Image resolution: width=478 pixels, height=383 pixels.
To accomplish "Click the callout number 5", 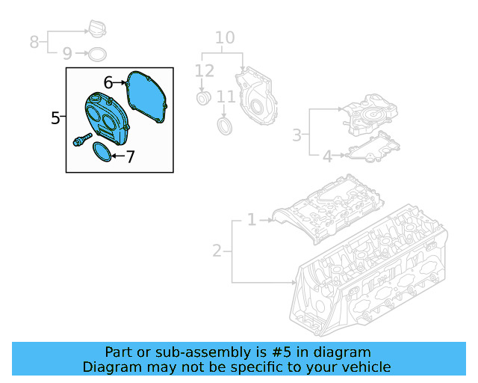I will [x=55, y=117].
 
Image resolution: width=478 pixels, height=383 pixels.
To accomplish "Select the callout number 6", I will [x=108, y=82].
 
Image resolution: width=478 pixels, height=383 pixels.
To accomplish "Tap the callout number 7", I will [x=130, y=157].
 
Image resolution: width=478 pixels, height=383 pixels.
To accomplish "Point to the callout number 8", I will [x=34, y=41].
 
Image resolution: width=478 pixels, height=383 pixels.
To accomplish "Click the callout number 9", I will [x=66, y=54].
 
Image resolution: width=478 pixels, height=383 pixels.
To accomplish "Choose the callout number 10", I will [x=225, y=37].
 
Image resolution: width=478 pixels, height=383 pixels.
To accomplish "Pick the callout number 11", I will [x=226, y=97].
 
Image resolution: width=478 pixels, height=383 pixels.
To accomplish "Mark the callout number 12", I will [x=205, y=71].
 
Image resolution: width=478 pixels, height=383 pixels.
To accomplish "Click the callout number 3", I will [x=297, y=135].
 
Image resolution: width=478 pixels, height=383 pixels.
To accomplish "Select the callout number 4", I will [x=326, y=156].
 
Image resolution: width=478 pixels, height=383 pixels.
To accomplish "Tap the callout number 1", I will [x=252, y=220].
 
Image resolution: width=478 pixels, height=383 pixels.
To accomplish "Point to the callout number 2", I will [x=217, y=251].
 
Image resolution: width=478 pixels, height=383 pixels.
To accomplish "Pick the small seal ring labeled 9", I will [x=96, y=54].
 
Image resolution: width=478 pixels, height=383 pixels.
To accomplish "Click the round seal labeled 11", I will [x=225, y=123].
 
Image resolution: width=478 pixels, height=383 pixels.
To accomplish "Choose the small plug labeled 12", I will [x=202, y=99].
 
